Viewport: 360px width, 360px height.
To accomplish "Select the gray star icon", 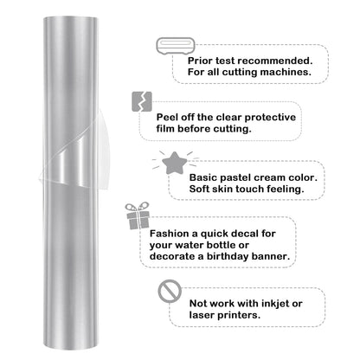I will (171, 161).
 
